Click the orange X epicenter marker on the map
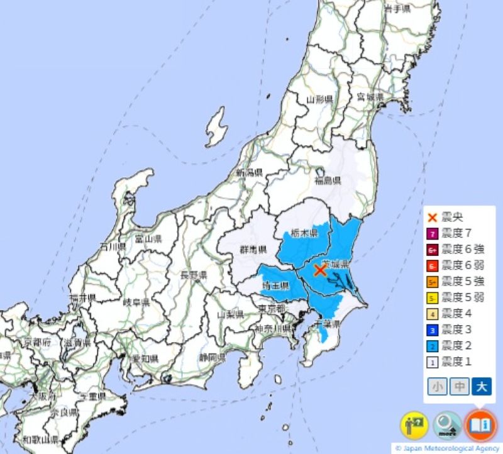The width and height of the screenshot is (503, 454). click(319, 270)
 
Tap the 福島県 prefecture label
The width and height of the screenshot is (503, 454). click(327, 181)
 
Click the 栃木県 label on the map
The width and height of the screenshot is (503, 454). click(304, 233)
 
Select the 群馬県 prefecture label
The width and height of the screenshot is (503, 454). click(253, 250)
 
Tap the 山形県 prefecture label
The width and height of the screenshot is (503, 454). click(319, 99)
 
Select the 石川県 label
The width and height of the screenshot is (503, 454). click(114, 246)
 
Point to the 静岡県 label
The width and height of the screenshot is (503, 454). click(212, 357)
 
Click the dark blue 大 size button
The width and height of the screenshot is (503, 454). click(480, 386)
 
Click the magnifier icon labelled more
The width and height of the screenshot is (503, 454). click(448, 426)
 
